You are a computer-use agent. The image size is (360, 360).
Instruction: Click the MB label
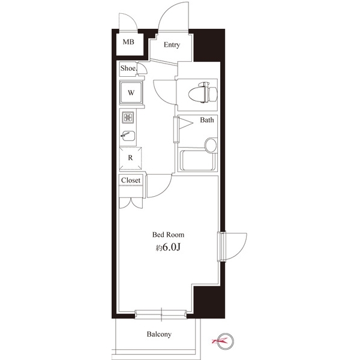(128, 42)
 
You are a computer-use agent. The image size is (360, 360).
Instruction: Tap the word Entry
(172, 45)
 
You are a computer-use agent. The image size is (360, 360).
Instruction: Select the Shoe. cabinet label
(128, 68)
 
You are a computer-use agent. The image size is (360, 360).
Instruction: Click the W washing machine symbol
(131, 93)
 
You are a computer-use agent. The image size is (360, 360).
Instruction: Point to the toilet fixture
(203, 92)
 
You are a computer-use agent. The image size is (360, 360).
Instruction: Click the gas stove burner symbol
(128, 118)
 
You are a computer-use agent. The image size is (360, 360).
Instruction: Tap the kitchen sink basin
(128, 136)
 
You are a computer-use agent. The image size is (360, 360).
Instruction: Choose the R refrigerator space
(130, 158)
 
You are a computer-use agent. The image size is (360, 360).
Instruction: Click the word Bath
(207, 120)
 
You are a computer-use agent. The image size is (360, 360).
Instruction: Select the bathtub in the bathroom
(197, 160)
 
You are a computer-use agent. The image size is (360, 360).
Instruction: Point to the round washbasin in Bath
(211, 145)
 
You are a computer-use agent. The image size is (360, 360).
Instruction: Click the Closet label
(131, 180)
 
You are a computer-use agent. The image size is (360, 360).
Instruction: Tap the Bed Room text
(168, 235)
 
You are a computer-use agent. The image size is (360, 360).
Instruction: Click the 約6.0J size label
(168, 247)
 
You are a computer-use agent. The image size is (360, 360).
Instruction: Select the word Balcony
(159, 334)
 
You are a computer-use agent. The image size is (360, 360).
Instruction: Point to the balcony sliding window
(161, 314)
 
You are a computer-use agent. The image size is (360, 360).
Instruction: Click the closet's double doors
(131, 203)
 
